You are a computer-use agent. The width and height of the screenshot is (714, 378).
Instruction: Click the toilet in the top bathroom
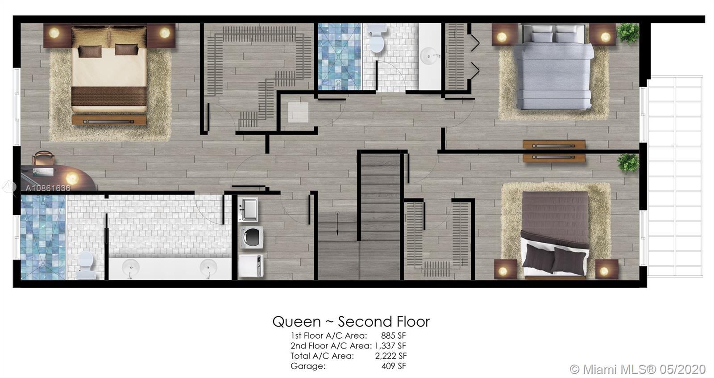point(377,38)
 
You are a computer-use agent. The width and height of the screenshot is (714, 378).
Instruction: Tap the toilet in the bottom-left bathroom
point(86,265)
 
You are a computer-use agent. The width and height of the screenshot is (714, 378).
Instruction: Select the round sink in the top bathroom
point(430,56)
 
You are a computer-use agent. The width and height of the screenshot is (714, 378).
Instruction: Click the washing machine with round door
point(251,238)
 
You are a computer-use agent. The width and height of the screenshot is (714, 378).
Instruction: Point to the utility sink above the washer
point(248,210)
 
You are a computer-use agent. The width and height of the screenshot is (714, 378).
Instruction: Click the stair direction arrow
point(337,223)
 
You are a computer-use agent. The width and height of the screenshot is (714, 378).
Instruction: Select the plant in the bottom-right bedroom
point(628,163)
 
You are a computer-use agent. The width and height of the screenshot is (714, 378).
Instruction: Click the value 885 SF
point(393,336)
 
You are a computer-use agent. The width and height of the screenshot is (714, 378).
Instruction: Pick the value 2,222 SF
point(390,356)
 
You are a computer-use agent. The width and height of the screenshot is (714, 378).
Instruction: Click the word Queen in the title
point(296,322)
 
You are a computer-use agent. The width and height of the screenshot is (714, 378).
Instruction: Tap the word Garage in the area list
point(307,366)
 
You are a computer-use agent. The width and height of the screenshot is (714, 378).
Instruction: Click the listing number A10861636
point(48,189)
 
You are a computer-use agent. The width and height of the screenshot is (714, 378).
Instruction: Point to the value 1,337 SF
point(390,345)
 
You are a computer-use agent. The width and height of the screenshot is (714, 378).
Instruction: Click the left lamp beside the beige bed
point(54,33)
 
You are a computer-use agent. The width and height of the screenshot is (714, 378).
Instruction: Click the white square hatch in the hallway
point(298,112)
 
